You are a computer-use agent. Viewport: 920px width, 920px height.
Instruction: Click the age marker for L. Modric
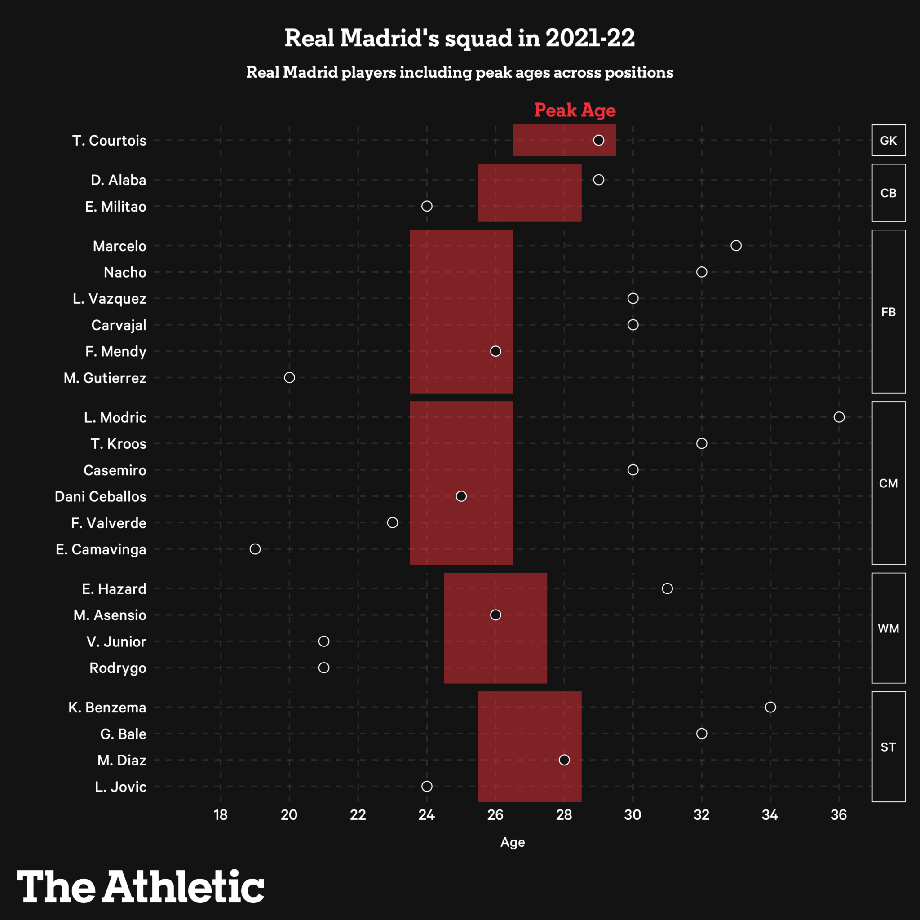pos(839,417)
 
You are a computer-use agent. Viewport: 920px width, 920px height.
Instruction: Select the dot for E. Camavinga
pos(255,549)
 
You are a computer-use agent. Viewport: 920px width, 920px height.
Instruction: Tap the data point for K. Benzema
pos(770,707)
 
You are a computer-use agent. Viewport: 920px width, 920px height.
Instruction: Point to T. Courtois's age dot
pos(598,140)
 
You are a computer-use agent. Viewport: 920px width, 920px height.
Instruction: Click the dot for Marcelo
pos(736,246)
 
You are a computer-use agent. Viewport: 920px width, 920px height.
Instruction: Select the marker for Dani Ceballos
pos(461,496)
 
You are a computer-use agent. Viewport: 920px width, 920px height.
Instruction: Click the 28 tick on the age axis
pos(564,815)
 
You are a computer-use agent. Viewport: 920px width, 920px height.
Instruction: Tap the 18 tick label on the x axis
pos(221,815)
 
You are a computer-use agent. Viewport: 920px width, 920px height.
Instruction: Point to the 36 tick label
pos(839,815)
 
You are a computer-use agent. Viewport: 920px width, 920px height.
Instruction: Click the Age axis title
pos(513,842)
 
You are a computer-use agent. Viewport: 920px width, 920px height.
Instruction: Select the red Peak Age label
pos(575,110)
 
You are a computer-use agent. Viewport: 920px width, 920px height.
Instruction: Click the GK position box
pos(888,141)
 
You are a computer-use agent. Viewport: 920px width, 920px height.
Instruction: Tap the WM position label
pos(888,628)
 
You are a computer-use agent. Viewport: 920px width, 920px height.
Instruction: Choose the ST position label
pos(888,747)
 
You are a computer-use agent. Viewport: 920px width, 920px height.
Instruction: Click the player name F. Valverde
pos(109,523)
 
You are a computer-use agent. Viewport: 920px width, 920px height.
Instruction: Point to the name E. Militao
pos(115,207)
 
